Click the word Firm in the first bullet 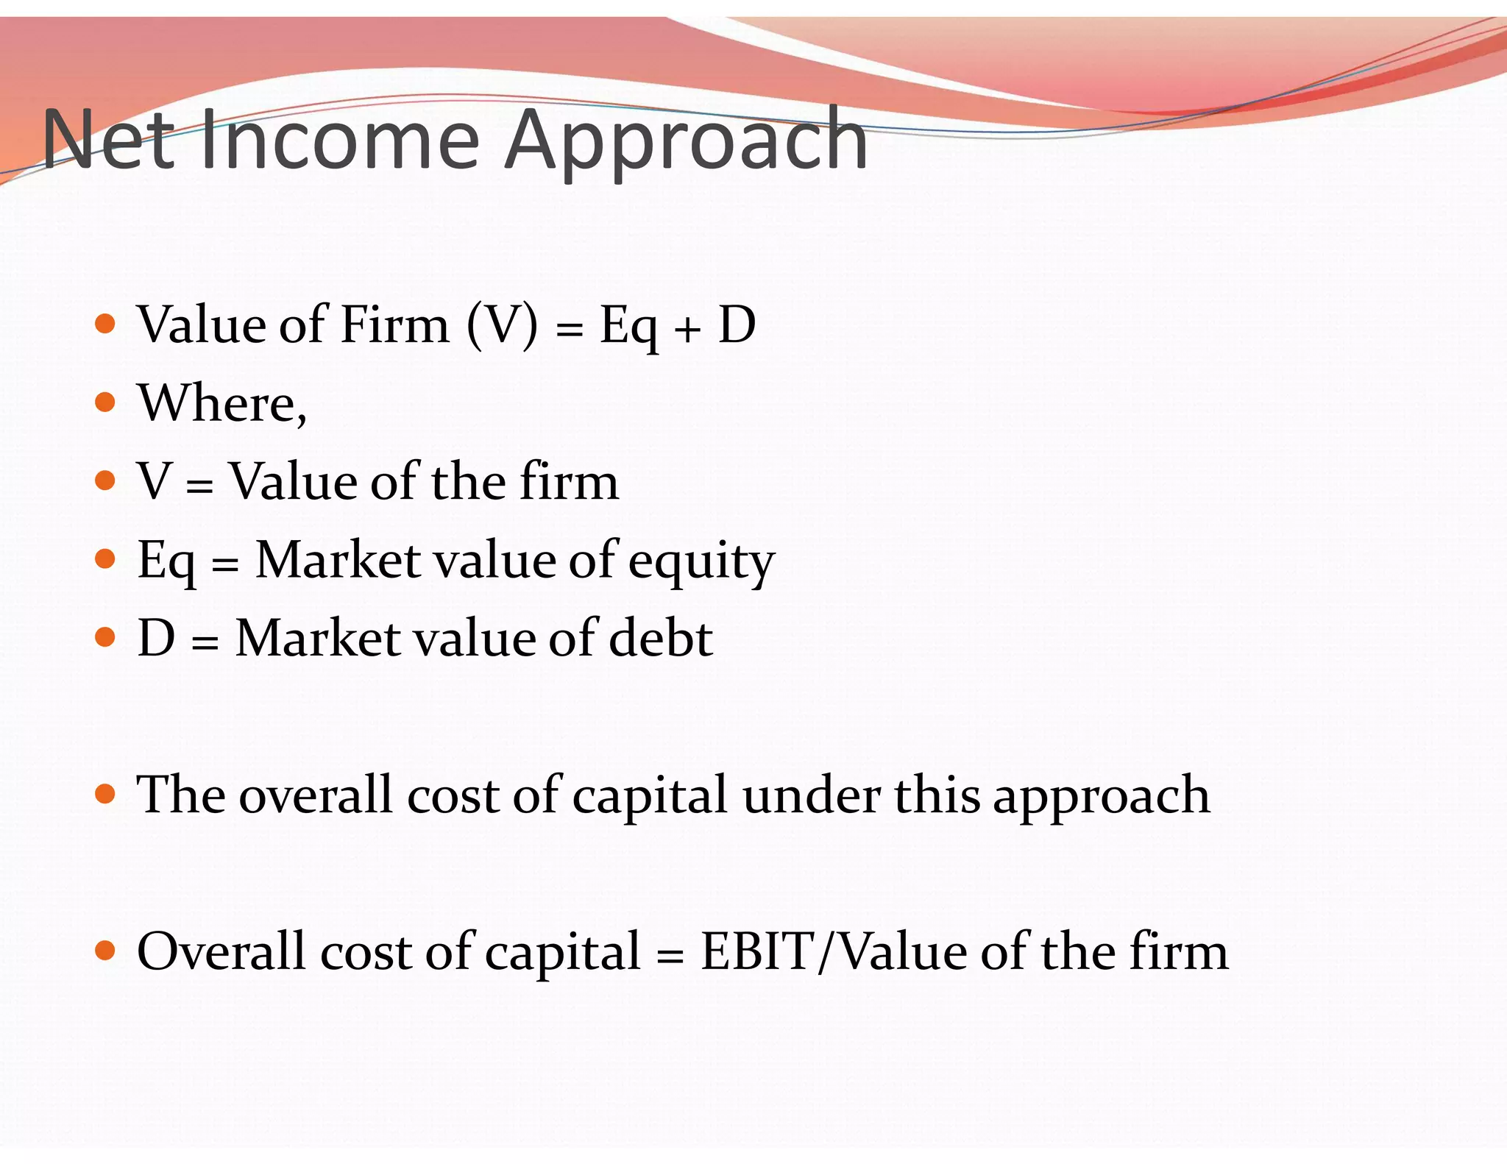click(395, 324)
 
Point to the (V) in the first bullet click(502, 324)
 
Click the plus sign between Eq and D click(687, 329)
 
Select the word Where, click(222, 404)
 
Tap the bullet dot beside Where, click(106, 402)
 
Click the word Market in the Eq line click(338, 560)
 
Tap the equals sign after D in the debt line click(205, 642)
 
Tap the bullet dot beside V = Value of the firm click(106, 480)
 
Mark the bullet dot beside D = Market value click(106, 637)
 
